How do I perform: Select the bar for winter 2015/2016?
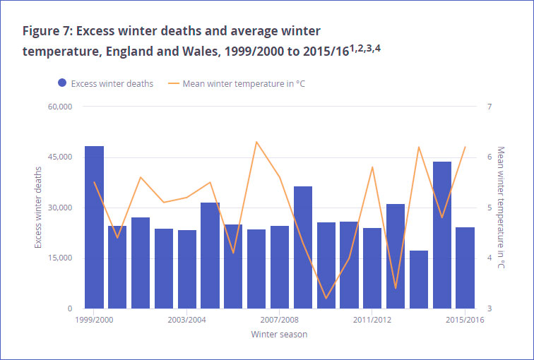(465, 268)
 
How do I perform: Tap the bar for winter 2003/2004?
(187, 269)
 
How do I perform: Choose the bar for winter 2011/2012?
(372, 268)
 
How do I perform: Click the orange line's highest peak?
(256, 142)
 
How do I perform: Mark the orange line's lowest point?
(326, 299)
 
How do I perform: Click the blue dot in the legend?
(63, 83)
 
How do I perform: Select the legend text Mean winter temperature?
(243, 83)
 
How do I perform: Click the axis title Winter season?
(279, 334)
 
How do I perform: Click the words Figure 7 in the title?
(46, 32)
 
